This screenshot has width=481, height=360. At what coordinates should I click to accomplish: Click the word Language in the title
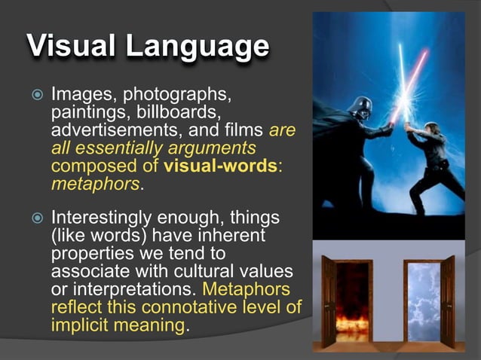click(197, 48)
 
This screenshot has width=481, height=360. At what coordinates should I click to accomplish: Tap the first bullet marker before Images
click(35, 96)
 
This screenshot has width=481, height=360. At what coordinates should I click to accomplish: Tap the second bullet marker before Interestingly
click(35, 218)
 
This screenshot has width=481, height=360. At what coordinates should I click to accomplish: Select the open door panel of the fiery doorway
click(330, 301)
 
